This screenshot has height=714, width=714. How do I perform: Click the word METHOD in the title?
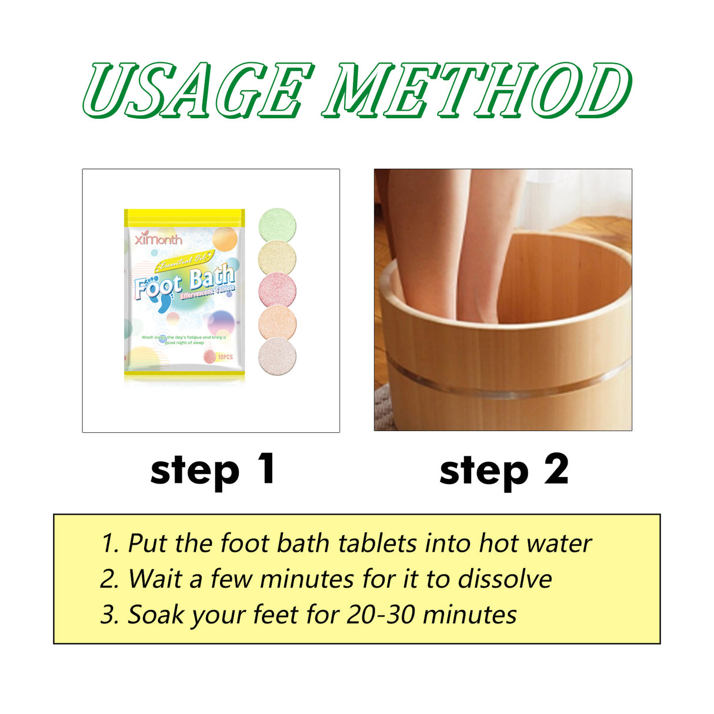[476, 90]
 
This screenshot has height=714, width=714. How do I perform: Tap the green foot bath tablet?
[277, 226]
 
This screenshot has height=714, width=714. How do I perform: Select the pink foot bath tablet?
[277, 291]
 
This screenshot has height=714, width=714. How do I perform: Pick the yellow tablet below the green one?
[277, 258]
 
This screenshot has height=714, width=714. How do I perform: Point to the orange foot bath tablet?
[277, 323]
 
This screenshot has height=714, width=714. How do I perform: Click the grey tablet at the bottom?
[277, 355]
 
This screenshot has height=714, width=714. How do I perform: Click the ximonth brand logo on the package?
[158, 239]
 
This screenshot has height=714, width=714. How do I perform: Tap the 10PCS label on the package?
[225, 357]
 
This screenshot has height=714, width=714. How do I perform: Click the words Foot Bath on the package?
[183, 282]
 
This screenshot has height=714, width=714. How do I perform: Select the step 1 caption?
[212, 471]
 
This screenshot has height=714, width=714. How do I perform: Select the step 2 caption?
[503, 471]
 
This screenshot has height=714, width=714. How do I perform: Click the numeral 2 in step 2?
[556, 469]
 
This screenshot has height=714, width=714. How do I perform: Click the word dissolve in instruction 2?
[505, 579]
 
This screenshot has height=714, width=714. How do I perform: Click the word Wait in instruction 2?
[155, 579]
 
